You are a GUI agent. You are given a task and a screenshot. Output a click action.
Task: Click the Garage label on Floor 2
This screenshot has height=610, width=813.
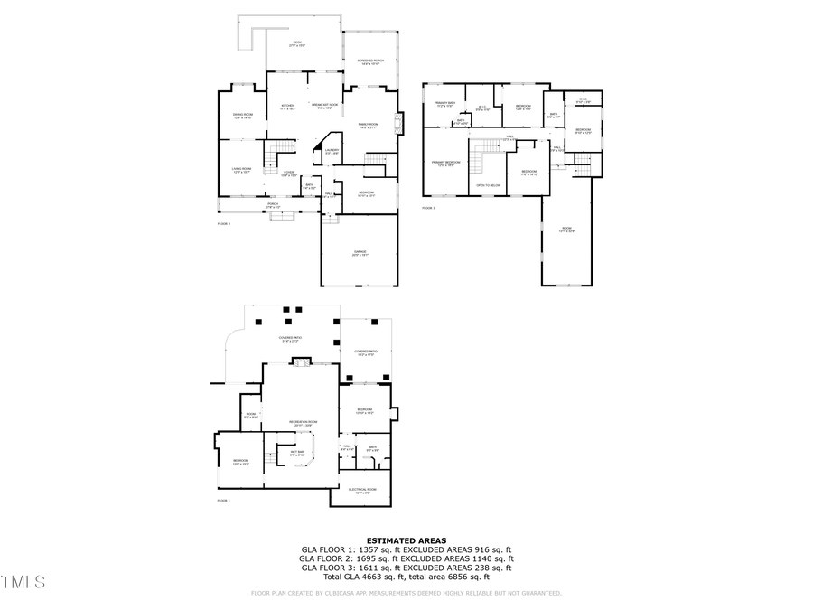point(360,253)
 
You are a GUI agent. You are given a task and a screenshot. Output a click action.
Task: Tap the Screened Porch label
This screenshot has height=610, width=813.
point(371,61)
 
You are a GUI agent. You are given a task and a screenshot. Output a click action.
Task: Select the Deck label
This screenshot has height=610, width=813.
point(297,43)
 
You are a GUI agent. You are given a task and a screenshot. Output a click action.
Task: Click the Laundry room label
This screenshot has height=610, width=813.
point(332,151)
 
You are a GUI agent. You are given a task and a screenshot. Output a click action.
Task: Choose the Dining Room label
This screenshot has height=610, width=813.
point(243,116)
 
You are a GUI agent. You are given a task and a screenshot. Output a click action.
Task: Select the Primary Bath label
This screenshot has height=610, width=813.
point(444,104)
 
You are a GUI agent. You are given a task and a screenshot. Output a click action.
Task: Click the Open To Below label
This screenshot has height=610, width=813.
point(488,185)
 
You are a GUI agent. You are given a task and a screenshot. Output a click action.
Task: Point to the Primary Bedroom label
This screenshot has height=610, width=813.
point(444,164)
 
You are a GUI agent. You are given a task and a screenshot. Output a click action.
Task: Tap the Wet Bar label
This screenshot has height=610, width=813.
point(296,453)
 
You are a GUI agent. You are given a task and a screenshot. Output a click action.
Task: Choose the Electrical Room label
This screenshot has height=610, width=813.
point(363,491)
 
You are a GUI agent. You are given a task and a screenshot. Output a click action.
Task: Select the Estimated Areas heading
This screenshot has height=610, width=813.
point(406,540)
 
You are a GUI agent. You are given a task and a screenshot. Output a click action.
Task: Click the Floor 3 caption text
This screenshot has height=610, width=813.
point(428,208)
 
